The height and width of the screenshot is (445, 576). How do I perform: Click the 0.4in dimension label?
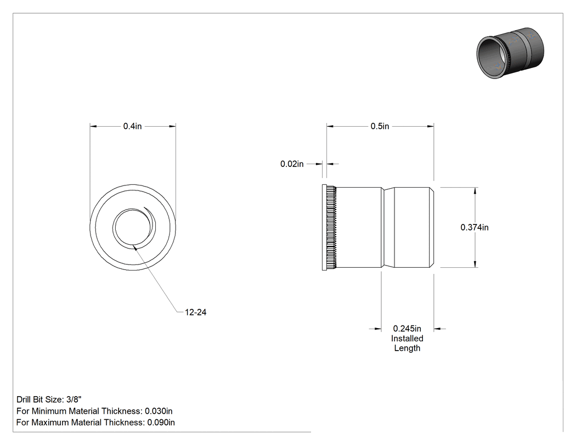132,126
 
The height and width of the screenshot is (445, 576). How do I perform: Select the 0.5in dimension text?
380,126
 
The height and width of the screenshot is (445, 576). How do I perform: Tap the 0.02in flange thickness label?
292,164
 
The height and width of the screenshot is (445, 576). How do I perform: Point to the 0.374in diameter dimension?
475,228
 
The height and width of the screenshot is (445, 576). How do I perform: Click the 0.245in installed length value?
407,329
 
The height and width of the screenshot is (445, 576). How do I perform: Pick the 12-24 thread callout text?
195,312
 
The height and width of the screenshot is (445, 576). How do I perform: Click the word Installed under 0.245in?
407,339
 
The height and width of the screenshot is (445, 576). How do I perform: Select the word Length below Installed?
407,348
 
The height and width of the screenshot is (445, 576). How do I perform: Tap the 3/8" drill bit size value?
74,399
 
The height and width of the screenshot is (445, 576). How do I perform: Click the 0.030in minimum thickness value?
159,411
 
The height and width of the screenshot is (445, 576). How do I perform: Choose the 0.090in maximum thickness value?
161,422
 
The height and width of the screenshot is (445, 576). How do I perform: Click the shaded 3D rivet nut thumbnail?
510,53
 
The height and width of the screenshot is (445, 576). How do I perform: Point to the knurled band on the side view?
332,228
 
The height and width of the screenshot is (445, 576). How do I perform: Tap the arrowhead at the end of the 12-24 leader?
135,249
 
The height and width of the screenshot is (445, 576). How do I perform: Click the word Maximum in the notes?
49,422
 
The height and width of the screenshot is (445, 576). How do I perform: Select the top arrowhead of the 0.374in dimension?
476,191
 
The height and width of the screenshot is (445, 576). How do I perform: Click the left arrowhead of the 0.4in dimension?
93,126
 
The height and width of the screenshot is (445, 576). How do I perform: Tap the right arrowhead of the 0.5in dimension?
430,126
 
